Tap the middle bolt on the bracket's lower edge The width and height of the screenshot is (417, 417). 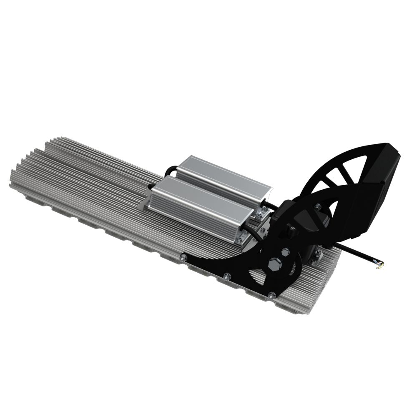(226, 276)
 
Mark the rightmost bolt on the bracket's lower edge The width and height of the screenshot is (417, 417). (272, 295)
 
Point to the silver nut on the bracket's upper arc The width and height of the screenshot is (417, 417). (318, 206)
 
